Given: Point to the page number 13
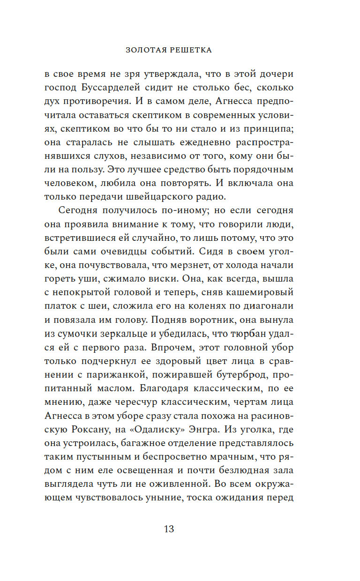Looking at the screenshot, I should click(169, 529).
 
